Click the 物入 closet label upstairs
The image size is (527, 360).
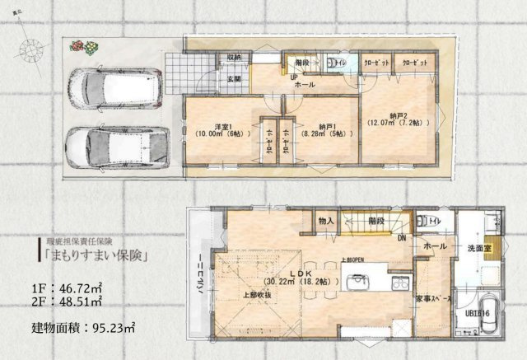coord(326,221)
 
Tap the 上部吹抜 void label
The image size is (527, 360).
coord(259,293)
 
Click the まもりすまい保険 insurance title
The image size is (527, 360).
coord(96,255)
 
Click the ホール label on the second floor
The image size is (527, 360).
coord(435,246)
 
